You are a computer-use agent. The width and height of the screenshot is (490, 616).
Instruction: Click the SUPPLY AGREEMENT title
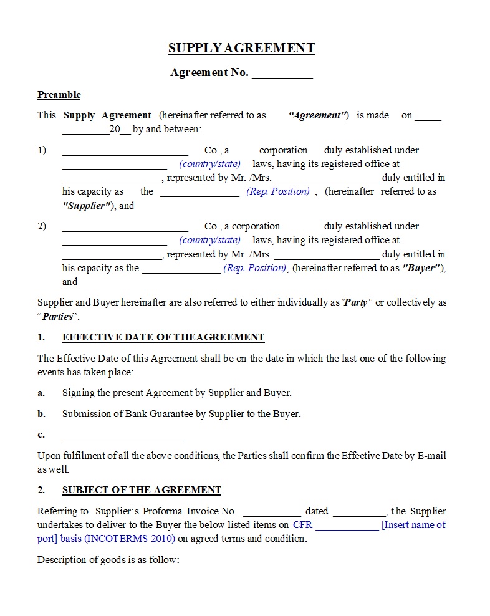pyautogui.click(x=241, y=48)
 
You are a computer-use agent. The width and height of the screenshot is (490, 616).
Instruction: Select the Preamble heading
pyautogui.click(x=59, y=95)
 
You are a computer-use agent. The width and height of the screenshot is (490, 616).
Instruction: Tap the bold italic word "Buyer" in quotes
pyautogui.click(x=423, y=268)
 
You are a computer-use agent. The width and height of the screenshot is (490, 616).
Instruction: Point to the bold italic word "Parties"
pyautogui.click(x=57, y=316)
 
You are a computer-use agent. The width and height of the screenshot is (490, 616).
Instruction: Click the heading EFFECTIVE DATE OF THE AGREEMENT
pyautogui.click(x=163, y=337)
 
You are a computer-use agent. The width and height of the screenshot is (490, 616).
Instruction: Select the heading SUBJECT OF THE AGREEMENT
pyautogui.click(x=142, y=490)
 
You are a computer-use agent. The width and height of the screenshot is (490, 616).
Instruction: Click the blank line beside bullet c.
pyautogui.click(x=122, y=436)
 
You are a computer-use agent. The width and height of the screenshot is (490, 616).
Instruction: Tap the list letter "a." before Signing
pyautogui.click(x=41, y=393)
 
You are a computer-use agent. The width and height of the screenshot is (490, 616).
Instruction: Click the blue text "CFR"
pyautogui.click(x=302, y=525)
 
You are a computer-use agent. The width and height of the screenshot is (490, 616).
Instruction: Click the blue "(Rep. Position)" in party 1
pyautogui.click(x=278, y=191)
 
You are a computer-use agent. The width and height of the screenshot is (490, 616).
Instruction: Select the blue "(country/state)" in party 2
pyautogui.click(x=209, y=240)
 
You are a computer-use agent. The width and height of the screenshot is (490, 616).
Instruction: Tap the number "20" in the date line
pyautogui.click(x=114, y=130)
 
